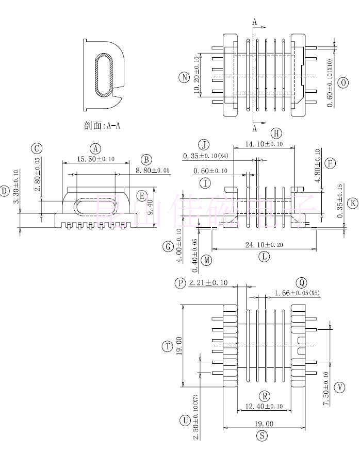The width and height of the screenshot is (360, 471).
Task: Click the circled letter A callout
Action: pyautogui.click(x=95, y=148)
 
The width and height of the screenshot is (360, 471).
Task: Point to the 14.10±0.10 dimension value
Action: pyautogui.click(x=264, y=144)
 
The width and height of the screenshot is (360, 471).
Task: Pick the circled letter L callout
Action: pyautogui.click(x=264, y=256)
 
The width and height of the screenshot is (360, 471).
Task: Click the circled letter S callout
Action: pyautogui.click(x=263, y=435)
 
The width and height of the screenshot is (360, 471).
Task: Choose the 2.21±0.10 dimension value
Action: pyautogui.click(x=208, y=283)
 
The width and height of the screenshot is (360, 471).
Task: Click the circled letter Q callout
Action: pyautogui.click(x=301, y=282)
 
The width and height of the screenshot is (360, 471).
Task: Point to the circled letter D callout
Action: pyautogui.click(x=5, y=191)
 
